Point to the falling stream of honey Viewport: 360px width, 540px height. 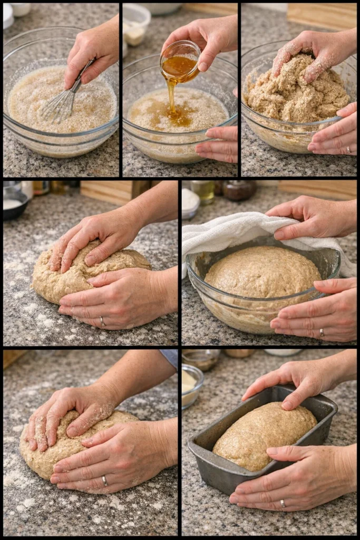[x=171, y=95]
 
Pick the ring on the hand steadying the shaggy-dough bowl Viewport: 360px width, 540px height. [x=348, y=150]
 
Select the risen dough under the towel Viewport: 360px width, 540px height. [x=262, y=272]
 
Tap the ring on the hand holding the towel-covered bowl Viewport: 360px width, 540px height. [x=322, y=332]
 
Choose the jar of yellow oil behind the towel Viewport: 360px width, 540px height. [x=203, y=191]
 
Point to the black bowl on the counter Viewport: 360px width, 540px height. [x=14, y=202]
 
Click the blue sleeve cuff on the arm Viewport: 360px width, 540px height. [x=170, y=357]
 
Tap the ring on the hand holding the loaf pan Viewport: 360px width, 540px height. [x=283, y=504]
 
